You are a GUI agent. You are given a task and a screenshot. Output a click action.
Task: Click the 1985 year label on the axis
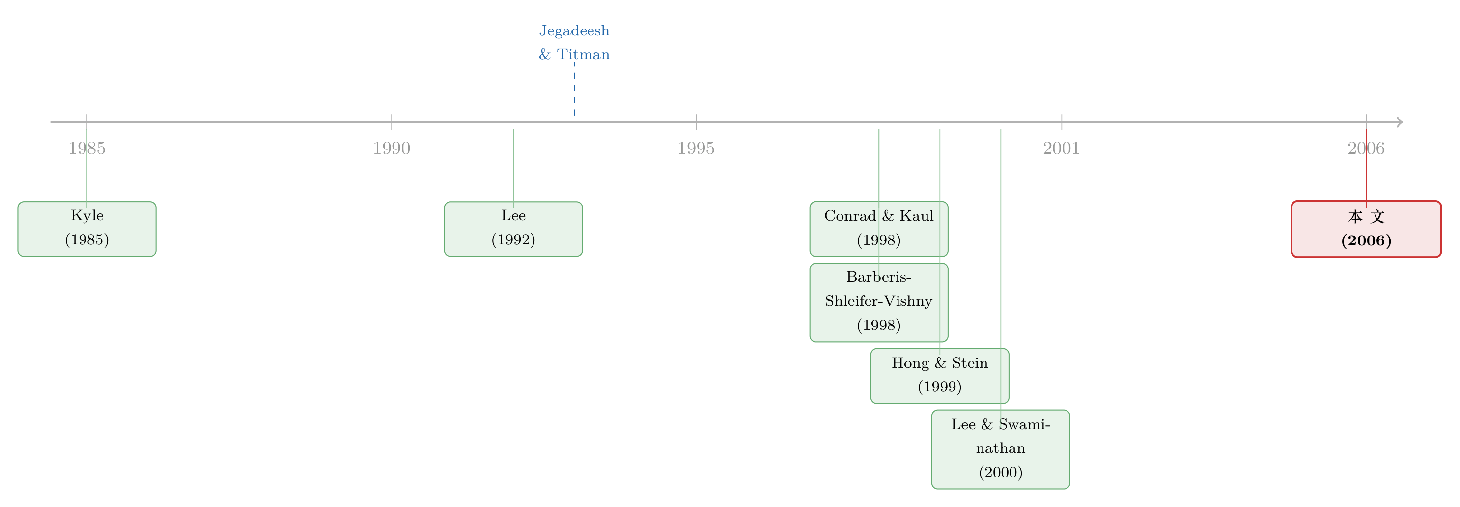tap(87, 148)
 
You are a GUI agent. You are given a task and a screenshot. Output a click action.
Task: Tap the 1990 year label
tap(392, 148)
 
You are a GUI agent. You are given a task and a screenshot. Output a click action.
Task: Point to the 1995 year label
tap(696, 148)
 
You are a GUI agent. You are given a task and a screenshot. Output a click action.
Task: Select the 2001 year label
tap(1062, 148)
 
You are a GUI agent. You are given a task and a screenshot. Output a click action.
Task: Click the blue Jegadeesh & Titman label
tap(574, 42)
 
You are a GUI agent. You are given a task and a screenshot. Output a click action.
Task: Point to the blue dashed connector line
tap(574, 89)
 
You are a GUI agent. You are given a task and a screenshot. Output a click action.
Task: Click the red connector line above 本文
tap(1367, 168)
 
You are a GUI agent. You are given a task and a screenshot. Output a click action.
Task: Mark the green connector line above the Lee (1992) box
tap(513, 168)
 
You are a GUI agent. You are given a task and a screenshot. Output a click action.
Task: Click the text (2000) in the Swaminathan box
tap(1001, 473)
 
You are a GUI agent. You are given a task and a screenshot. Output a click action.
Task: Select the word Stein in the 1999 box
tap(970, 363)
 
